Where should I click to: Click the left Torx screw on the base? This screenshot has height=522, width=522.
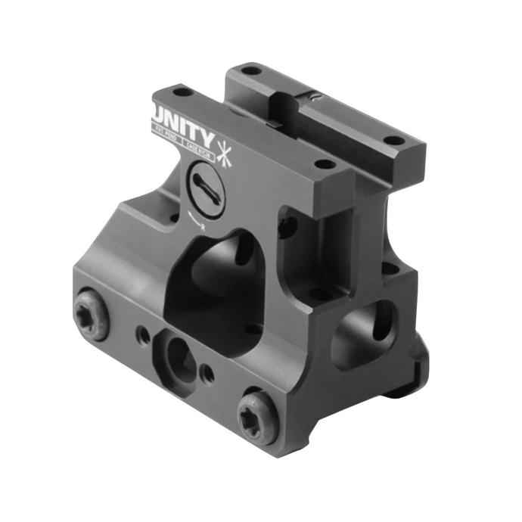click(91, 314)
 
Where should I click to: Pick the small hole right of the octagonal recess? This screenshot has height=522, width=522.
click(209, 374)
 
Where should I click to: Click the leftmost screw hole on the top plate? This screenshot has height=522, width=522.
click(182, 93)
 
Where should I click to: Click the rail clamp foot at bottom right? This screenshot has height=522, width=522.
click(409, 382)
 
